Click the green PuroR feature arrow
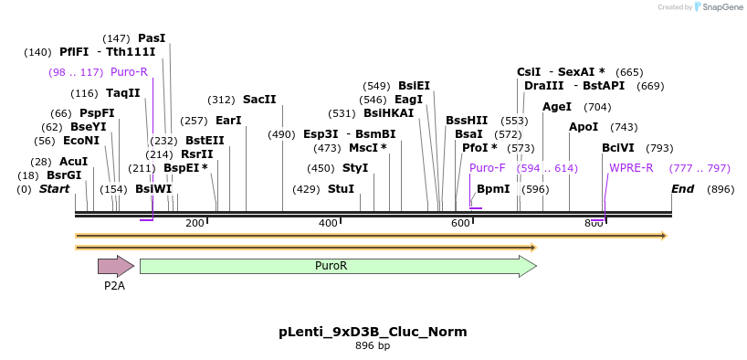(x=338, y=266)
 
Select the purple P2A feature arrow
(x=116, y=266)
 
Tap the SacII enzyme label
(x=259, y=100)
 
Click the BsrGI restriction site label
(x=64, y=175)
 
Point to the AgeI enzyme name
(x=557, y=107)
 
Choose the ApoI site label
(x=584, y=127)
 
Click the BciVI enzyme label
(x=617, y=148)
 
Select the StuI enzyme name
(x=342, y=189)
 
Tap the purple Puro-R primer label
(x=129, y=72)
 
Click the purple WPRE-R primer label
(x=631, y=168)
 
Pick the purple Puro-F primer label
(x=488, y=168)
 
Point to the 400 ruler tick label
(x=328, y=223)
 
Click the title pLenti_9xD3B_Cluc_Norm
(x=373, y=332)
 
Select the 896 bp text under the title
(x=373, y=345)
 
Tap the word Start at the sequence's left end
(x=54, y=189)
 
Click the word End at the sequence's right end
(x=683, y=189)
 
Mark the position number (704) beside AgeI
(x=597, y=107)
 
